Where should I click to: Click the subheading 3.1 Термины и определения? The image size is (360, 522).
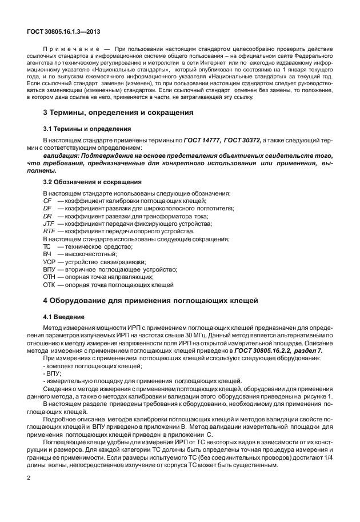pos(87,129)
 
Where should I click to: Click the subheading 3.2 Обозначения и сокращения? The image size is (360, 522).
pos(93,182)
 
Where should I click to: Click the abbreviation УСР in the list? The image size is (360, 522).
pos(49,261)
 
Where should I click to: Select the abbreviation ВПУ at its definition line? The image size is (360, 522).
pos(49,269)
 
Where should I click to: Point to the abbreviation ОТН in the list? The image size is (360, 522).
pos(49,277)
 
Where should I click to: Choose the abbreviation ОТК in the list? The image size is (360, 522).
pos(49,285)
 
